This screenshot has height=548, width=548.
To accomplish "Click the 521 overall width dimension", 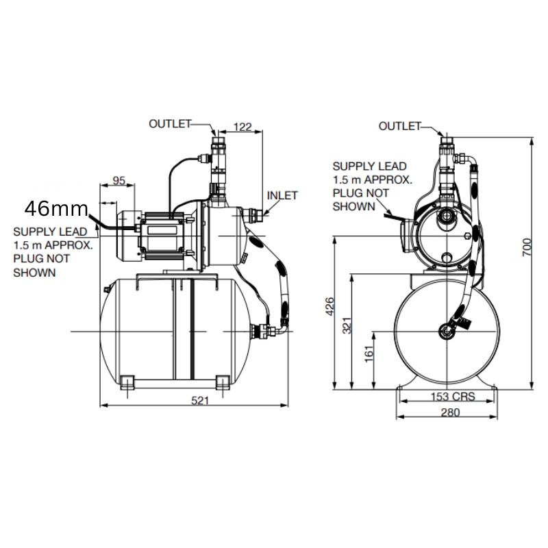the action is [x=200, y=401].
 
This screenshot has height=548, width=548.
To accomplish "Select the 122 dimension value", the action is [x=242, y=127].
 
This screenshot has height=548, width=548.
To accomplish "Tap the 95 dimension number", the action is [x=119, y=181].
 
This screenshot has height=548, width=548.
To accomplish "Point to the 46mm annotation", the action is [x=56, y=209].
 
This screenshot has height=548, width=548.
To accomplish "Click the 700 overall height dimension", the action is [x=527, y=247].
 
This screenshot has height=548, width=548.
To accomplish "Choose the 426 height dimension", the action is [x=330, y=306].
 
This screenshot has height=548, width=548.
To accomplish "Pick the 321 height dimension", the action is [x=347, y=325].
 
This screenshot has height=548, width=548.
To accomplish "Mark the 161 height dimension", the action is [x=369, y=353].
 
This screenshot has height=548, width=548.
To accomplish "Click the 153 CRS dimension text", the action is [x=453, y=397].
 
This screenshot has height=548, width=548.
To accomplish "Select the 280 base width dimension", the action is [x=450, y=413].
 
